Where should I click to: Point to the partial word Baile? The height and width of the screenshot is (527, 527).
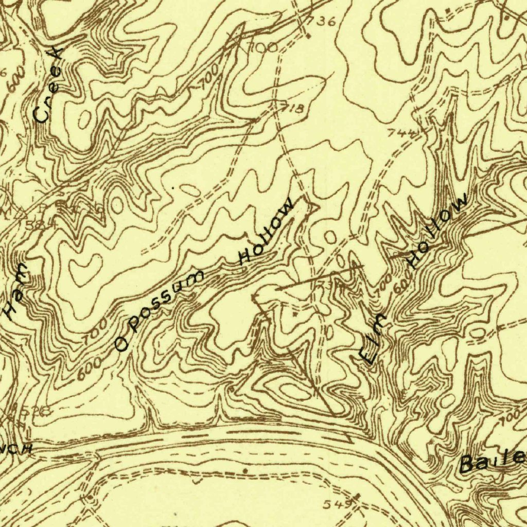[492, 461]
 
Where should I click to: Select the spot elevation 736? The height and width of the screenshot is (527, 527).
[322, 22]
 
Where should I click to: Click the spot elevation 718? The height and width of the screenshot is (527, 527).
[292, 108]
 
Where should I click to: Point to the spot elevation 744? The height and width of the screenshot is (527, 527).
[400, 133]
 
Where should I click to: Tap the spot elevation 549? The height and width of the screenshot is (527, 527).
[338, 504]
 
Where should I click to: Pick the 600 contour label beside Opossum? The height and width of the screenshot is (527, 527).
[88, 371]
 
